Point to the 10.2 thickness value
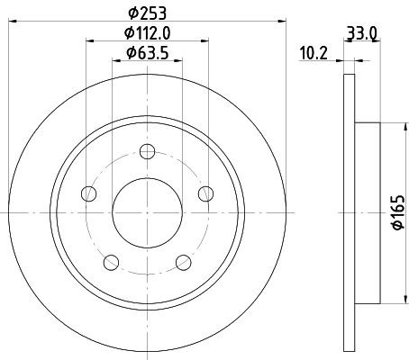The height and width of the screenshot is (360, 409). tap(312, 53)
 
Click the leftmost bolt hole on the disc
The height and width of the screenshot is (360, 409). tap(87, 193)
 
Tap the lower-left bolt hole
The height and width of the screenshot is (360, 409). tap(111, 262)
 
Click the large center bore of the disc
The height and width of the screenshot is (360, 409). tap(146, 212)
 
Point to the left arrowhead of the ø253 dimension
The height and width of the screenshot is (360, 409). tap(13, 21)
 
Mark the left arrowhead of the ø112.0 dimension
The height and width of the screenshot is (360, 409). tap(90, 40)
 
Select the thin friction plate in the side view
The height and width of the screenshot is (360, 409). tap(350, 212)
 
